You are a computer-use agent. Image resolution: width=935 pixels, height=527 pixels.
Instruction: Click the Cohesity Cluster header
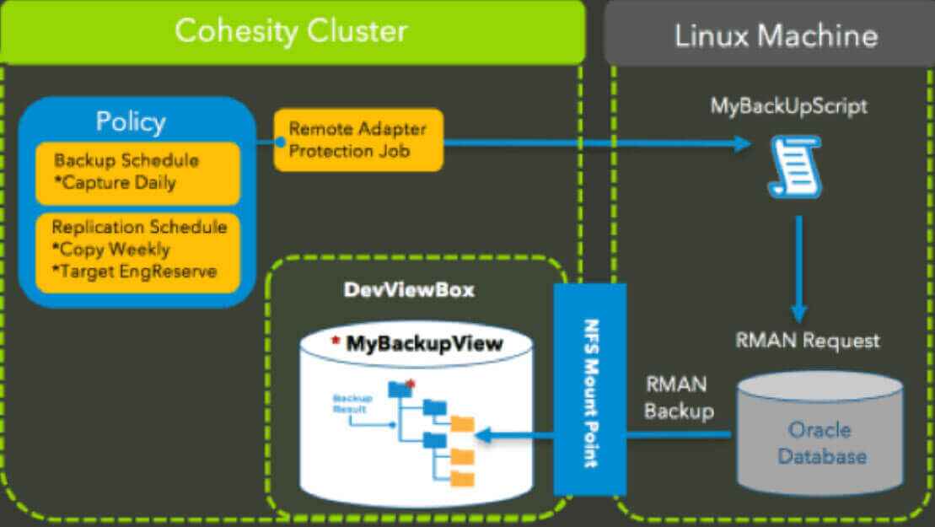point(291,32)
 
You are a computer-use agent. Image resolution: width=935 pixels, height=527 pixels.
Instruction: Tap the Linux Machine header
point(776,35)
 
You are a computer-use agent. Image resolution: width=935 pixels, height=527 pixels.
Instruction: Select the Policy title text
point(130,121)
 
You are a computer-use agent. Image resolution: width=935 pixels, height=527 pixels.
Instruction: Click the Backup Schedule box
point(137,172)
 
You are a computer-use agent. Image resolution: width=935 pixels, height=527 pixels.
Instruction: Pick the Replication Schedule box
point(137,250)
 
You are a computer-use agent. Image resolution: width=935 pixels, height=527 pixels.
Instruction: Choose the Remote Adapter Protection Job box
point(358,140)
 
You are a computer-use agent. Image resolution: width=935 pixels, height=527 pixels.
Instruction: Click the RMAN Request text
point(807,341)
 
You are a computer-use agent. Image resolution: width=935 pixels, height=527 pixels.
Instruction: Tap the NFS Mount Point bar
point(590,390)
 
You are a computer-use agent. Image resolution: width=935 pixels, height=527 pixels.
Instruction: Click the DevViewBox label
point(409,290)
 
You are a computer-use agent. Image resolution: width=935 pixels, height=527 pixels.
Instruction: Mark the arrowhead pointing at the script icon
point(742,144)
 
